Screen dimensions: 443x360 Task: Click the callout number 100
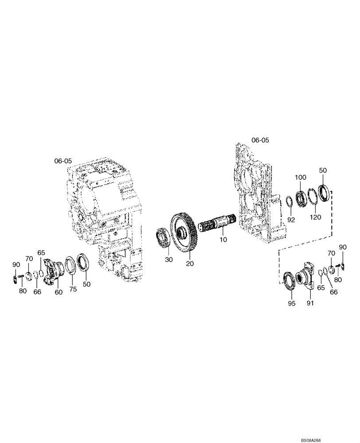coord(301,177)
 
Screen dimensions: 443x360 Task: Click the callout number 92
coord(291,219)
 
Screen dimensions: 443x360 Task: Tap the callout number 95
coord(290,304)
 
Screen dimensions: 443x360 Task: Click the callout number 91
coord(310,304)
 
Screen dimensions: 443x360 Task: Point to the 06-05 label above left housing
coord(63,161)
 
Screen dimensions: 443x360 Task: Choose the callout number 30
coord(168,260)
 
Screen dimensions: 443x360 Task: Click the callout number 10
coord(223,239)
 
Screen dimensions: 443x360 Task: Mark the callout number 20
coord(190,264)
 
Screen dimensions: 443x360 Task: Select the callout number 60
coord(59,292)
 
